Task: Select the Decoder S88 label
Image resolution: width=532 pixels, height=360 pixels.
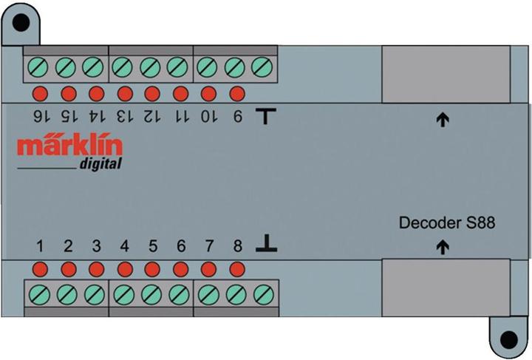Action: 446,222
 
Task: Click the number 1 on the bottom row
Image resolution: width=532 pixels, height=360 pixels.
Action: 40,246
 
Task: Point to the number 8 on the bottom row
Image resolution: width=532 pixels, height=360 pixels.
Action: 237,246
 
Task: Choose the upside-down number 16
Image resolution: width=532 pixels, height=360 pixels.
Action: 40,116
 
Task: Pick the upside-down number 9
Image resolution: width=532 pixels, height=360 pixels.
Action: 237,116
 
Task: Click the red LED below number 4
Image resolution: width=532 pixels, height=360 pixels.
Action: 125,268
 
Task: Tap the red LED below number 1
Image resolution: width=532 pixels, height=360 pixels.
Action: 40,268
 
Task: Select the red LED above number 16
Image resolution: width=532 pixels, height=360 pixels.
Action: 40,94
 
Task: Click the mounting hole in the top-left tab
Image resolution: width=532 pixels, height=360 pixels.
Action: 21,21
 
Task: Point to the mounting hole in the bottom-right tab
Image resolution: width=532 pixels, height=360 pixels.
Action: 508,340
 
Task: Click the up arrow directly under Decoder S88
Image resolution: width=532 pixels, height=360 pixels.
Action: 443,247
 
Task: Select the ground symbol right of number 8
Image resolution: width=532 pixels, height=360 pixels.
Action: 266,245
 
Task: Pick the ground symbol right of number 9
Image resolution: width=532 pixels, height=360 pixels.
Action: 266,116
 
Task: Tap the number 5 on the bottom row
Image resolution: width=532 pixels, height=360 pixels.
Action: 153,246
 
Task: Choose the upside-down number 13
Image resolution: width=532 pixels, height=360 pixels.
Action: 125,116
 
